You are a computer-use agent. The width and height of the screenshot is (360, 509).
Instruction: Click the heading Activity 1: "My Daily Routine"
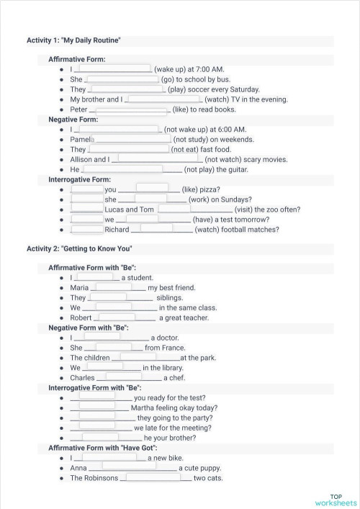(x=73, y=40)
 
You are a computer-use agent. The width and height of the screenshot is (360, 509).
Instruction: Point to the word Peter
(x=78, y=109)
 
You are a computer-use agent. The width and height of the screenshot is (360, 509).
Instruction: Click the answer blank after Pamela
(x=133, y=139)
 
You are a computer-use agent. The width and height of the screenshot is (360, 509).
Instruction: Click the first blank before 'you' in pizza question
(x=87, y=189)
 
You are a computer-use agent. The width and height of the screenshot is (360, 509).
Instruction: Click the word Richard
(x=117, y=230)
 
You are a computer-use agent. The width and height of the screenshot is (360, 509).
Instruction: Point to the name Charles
(x=82, y=377)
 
